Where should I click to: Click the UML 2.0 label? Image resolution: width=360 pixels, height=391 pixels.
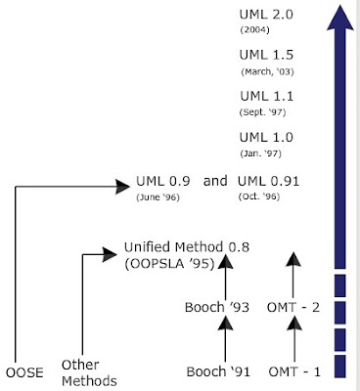coord(266,15)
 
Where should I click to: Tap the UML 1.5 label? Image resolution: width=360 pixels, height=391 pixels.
coord(266,56)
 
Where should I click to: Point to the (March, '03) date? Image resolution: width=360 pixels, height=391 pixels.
coord(267,72)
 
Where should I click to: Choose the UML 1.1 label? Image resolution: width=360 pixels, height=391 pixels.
coord(266,97)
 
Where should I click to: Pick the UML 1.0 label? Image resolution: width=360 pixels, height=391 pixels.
coord(266,138)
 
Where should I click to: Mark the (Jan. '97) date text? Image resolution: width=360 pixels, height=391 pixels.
coord(261,154)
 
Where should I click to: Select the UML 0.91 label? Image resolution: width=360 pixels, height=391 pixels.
coord(269,183)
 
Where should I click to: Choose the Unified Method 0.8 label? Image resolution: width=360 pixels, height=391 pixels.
coord(187,247)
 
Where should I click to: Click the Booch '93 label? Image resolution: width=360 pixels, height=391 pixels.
coord(217,307)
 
